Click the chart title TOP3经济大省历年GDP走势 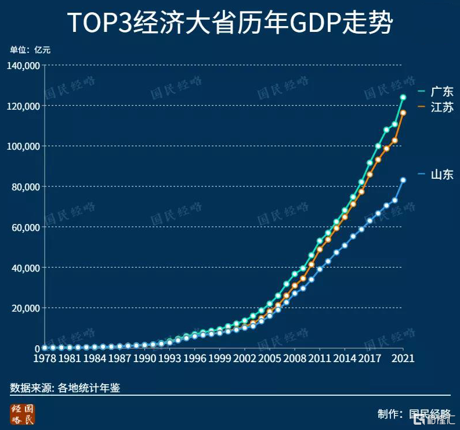(x=230, y=23)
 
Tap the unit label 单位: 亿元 (x=30, y=50)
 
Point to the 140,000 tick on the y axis (x=23, y=66)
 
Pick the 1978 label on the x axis (x=44, y=359)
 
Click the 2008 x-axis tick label (x=295, y=359)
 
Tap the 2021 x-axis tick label (x=403, y=359)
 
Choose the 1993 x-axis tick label (x=169, y=359)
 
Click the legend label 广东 (x=441, y=92)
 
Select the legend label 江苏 (x=441, y=107)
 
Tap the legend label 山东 (x=441, y=174)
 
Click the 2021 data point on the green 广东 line (x=403, y=97)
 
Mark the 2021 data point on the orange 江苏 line (x=403, y=113)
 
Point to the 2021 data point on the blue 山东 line (x=403, y=180)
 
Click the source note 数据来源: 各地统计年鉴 (x=65, y=388)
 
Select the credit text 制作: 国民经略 (x=414, y=414)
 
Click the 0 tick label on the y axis (x=37, y=348)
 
